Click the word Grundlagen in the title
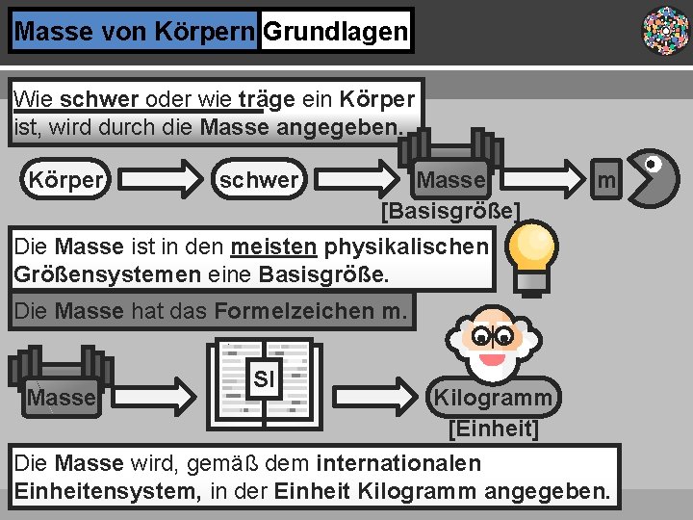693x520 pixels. click(x=335, y=32)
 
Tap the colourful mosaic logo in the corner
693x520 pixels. click(x=664, y=30)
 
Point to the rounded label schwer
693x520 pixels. click(x=258, y=180)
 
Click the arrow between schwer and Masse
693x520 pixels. click(x=358, y=180)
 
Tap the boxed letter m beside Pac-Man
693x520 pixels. click(x=605, y=180)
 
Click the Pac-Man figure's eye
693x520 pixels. click(x=651, y=165)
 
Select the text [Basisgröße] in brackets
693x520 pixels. click(x=450, y=210)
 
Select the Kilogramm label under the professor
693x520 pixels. click(x=493, y=398)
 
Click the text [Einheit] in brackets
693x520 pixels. click(x=493, y=428)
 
